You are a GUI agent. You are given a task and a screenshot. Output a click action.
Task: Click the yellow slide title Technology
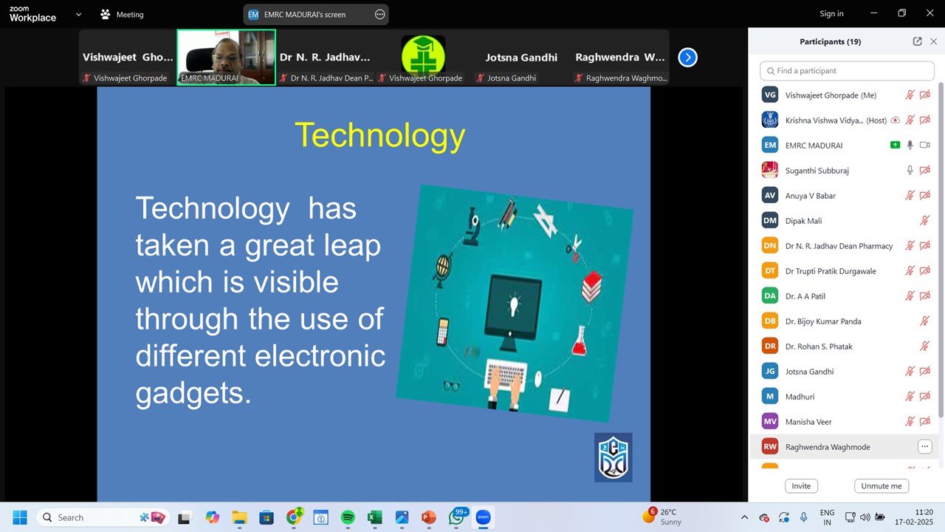click(379, 136)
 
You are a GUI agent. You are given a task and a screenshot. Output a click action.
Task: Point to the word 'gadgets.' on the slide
click(193, 392)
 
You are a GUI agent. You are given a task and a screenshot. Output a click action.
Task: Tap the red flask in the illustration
click(580, 340)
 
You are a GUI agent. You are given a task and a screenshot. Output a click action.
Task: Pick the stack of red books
click(591, 286)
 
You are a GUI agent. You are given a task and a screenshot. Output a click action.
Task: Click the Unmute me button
click(882, 486)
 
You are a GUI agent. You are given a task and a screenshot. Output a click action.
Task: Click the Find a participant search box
click(847, 71)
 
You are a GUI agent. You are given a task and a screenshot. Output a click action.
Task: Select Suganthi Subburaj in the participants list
click(817, 171)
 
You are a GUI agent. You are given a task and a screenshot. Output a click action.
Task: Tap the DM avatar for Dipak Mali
click(770, 221)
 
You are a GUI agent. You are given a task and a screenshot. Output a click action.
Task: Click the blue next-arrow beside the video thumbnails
click(687, 57)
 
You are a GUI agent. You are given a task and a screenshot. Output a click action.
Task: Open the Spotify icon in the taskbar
click(348, 517)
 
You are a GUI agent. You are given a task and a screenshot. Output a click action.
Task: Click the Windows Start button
click(19, 517)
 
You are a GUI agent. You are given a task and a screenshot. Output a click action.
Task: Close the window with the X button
click(929, 13)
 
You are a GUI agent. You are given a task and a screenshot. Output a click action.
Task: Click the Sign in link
click(831, 14)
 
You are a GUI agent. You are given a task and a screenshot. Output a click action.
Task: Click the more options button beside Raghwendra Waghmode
click(924, 446)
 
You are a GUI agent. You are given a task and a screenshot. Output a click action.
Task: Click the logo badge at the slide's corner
click(613, 457)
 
